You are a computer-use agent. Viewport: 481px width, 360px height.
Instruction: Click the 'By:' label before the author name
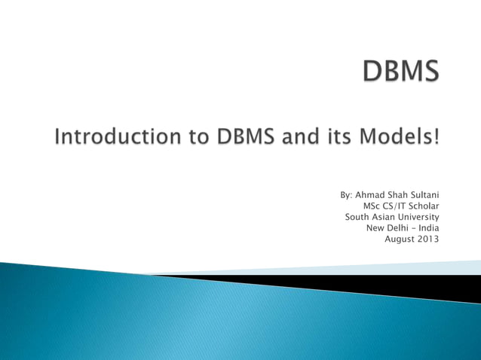coord(346,195)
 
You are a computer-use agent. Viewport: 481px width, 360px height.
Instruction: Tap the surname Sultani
coord(423,195)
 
